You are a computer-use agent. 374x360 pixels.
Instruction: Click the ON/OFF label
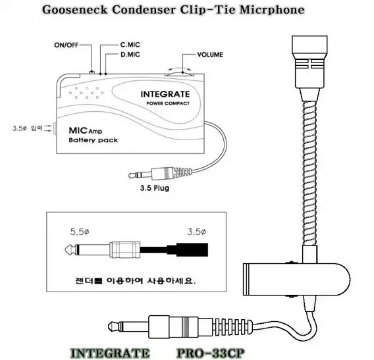point(66,45)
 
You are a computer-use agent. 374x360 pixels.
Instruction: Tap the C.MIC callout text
point(130,45)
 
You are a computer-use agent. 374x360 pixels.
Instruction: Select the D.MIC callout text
point(130,55)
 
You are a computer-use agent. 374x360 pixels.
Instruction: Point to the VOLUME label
point(210,55)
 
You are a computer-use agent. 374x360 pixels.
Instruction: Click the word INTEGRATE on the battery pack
point(165,94)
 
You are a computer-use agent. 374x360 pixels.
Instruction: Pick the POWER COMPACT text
point(168,103)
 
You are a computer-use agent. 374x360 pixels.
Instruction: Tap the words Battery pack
point(93,140)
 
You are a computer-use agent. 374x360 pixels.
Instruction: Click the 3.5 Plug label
point(155,188)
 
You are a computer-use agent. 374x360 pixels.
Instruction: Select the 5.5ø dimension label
point(80,232)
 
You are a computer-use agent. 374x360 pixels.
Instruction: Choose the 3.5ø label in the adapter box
point(196,232)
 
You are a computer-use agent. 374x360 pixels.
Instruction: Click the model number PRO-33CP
point(211,353)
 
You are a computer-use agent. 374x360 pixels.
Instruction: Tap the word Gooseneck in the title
point(75,10)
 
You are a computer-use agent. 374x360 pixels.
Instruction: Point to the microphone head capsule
point(309,62)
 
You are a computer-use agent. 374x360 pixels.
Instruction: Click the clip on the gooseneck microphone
point(296,280)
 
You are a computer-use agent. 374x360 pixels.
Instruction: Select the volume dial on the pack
point(180,74)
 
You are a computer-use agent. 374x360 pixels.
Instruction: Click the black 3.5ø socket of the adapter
point(192,250)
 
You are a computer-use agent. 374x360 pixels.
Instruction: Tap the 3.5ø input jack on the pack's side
point(55,128)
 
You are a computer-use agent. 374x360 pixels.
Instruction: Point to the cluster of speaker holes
point(86,93)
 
